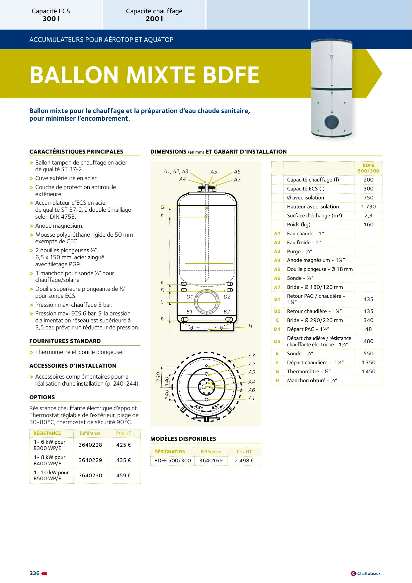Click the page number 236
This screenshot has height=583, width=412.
tap(35, 573)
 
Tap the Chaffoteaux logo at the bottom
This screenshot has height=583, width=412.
tap(366, 573)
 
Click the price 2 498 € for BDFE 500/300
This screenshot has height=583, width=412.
tap(244, 461)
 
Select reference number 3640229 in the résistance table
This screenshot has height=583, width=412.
tap(90, 460)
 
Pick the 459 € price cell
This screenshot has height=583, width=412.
tap(124, 476)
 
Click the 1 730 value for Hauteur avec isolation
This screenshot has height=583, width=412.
tap(369, 207)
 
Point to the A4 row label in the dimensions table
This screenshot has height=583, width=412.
tap(277, 260)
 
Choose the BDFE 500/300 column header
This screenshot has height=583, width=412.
tap(369, 168)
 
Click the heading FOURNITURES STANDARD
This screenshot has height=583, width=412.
tap(65, 341)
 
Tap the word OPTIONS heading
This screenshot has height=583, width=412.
tap(42, 397)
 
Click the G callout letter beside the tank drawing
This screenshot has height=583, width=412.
tap(162, 207)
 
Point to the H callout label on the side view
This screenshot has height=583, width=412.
tap(250, 326)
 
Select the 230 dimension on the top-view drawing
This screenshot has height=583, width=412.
tap(159, 377)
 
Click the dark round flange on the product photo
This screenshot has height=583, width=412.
tap(332, 122)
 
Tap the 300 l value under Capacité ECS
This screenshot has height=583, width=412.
tap(51, 19)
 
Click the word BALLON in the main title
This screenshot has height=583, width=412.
tap(74, 75)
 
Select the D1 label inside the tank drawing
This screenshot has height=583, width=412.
tap(190, 297)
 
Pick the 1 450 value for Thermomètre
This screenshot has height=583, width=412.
tap(369, 372)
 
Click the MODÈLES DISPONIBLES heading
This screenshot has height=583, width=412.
tap(183, 439)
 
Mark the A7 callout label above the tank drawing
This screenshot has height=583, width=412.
tap(237, 180)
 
